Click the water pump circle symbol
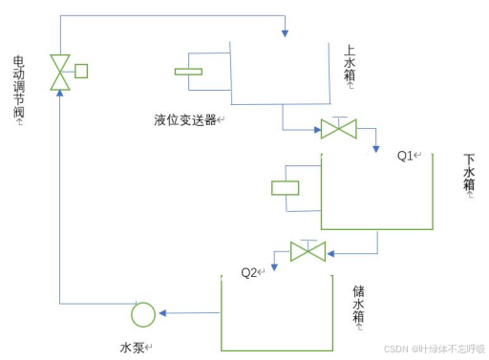pyautogui.click(x=142, y=313)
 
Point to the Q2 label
pyautogui.click(x=251, y=272)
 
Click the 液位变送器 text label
pyautogui.click(x=188, y=120)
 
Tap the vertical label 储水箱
pyautogui.click(x=358, y=305)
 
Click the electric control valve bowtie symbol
pyautogui.click(x=61, y=72)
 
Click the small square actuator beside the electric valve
pyautogui.click(x=81, y=70)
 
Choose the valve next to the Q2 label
pyautogui.click(x=308, y=251)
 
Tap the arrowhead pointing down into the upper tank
pyautogui.click(x=286, y=35)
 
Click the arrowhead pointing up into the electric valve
pyautogui.click(x=61, y=93)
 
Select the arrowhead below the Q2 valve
pyautogui.click(x=273, y=259)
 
